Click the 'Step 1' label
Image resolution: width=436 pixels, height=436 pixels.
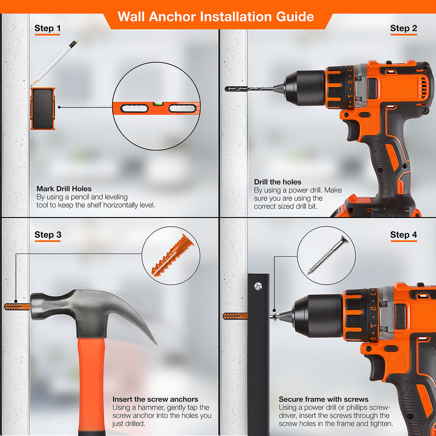coord(48,28)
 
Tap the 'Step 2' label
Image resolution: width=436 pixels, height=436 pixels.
coord(403,28)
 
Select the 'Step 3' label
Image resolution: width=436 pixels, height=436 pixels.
coord(48,235)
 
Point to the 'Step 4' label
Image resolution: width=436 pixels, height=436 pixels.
coord(403,235)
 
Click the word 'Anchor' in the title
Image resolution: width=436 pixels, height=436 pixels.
coord(172,17)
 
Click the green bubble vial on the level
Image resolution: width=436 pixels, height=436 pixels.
coord(158,104)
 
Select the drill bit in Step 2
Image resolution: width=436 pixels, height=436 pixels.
coord(249,89)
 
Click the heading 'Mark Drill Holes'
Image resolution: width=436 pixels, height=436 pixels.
coord(64,189)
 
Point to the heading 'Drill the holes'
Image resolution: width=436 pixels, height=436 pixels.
coord(277,182)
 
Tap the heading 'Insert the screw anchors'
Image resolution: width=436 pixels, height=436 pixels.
coord(155,399)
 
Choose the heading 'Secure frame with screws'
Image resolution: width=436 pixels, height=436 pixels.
coord(324,399)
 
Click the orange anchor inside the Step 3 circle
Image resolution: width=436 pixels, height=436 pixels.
coord(173,255)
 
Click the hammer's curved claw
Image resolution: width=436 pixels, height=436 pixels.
coord(136,317)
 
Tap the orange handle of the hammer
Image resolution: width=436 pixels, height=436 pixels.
coord(92,385)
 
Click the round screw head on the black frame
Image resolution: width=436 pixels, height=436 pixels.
coord(258,286)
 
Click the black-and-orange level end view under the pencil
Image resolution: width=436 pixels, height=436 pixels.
coord(43,109)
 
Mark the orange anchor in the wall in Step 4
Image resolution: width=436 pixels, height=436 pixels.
coord(235,316)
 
